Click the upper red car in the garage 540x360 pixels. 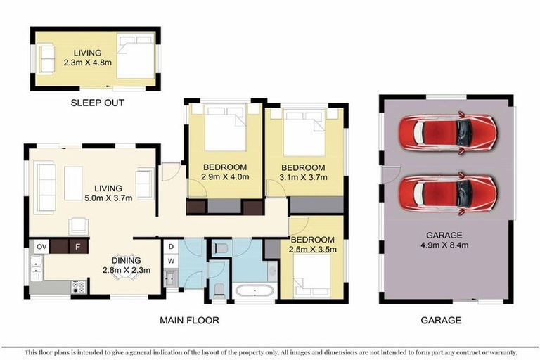click(447, 131)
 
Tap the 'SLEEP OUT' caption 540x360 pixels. click(98, 103)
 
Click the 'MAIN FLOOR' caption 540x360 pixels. click(189, 320)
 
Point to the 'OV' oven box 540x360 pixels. click(41, 246)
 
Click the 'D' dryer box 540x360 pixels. click(171, 246)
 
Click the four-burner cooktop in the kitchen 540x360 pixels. click(78, 286)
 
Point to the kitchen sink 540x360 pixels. click(37, 268)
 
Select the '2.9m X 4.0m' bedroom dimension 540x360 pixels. click(225, 177)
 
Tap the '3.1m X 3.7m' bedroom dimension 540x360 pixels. click(303, 179)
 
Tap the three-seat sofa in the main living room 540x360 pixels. click(46, 188)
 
